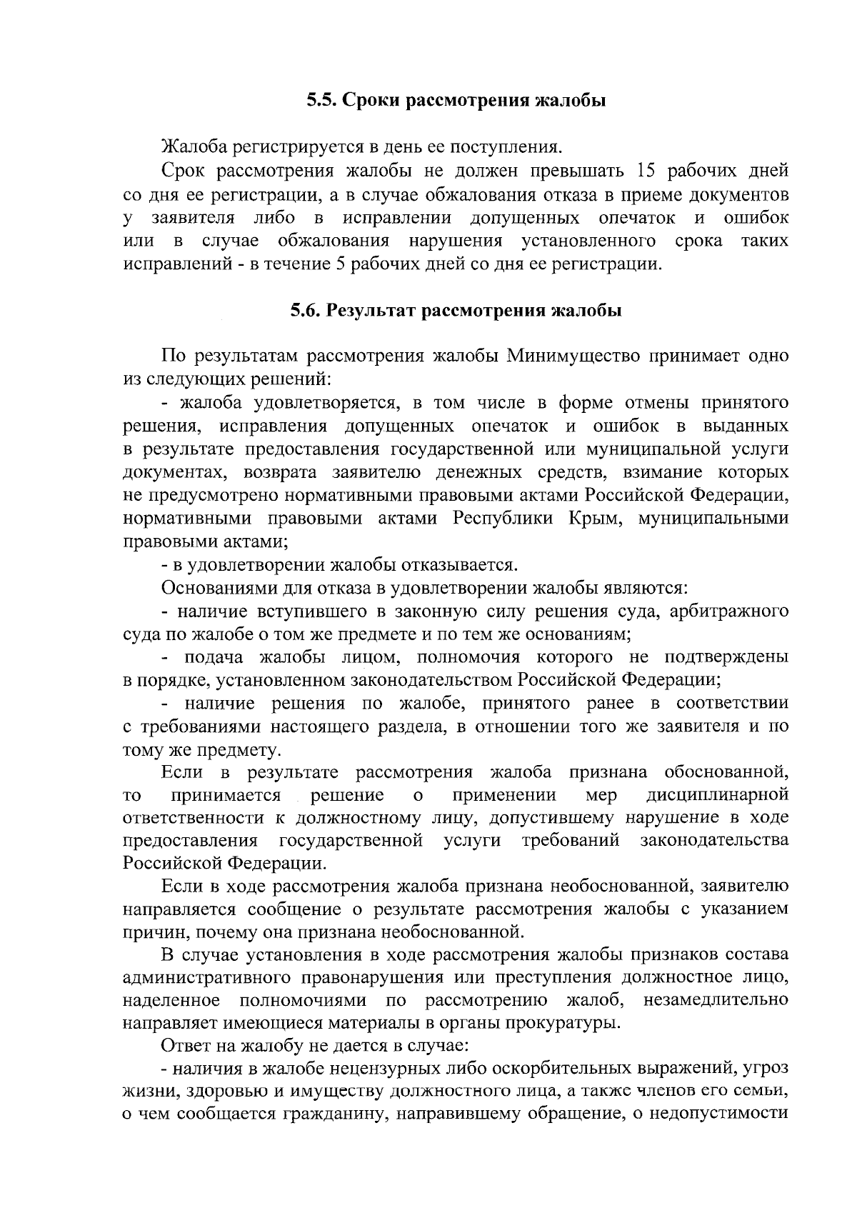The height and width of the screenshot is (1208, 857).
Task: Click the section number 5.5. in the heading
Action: pos(321,101)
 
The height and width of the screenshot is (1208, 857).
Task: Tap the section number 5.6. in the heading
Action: pos(305,311)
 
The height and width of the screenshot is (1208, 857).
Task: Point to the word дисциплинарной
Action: pos(717,795)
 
